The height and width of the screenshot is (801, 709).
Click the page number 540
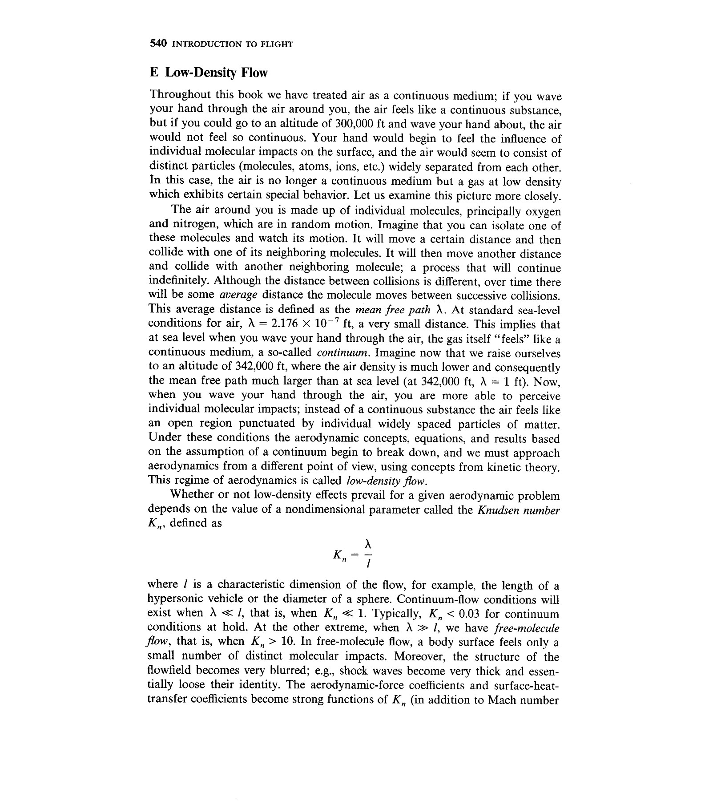(158, 43)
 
